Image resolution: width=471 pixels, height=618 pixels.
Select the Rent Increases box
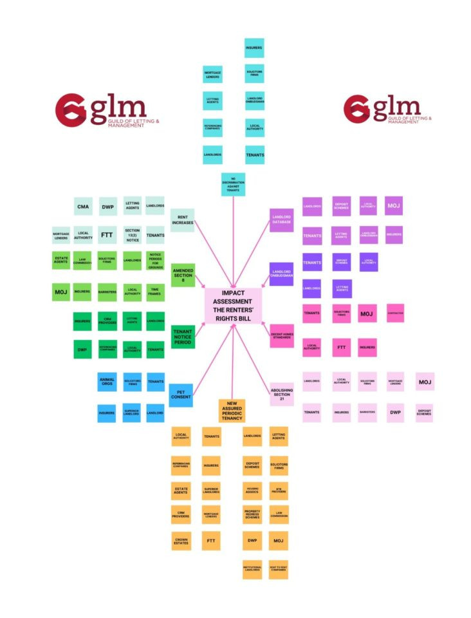click(183, 220)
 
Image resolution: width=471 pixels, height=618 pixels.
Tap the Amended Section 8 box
click(183, 275)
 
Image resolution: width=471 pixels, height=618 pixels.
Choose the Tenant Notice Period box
click(183, 335)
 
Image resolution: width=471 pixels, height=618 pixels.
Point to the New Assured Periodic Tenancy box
click(232, 411)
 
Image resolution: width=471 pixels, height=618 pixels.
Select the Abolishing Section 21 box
click(281, 394)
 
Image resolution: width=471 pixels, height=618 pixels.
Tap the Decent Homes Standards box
click(281, 335)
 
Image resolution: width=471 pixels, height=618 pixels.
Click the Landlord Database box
click(281, 220)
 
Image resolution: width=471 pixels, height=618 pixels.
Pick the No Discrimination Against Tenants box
click(233, 184)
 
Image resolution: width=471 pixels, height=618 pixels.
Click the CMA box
click(83, 207)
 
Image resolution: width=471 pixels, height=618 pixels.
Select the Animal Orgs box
click(107, 382)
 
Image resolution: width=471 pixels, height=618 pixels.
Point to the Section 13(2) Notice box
click(132, 234)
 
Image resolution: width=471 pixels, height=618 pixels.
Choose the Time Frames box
click(155, 292)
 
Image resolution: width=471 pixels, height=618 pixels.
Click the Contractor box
click(395, 314)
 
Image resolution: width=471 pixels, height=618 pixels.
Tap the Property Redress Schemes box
click(252, 513)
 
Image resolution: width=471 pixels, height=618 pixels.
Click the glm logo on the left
click(100, 111)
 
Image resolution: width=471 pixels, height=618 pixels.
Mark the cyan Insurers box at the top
click(254, 48)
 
